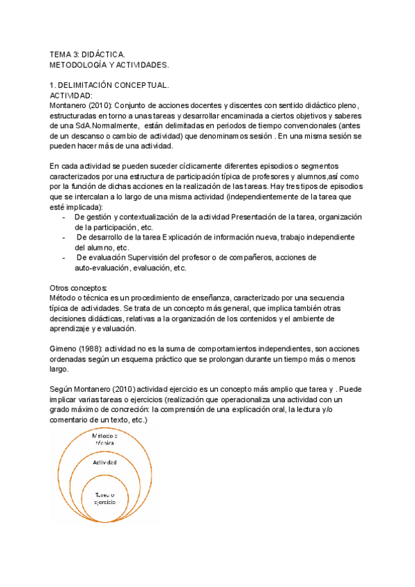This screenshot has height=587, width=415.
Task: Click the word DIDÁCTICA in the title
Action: pyautogui.click(x=101, y=53)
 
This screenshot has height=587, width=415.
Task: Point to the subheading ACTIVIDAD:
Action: pyautogui.click(x=72, y=96)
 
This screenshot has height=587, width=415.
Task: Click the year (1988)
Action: pyautogui.click(x=98, y=348)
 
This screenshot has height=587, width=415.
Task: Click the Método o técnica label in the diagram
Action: pyautogui.click(x=106, y=439)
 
